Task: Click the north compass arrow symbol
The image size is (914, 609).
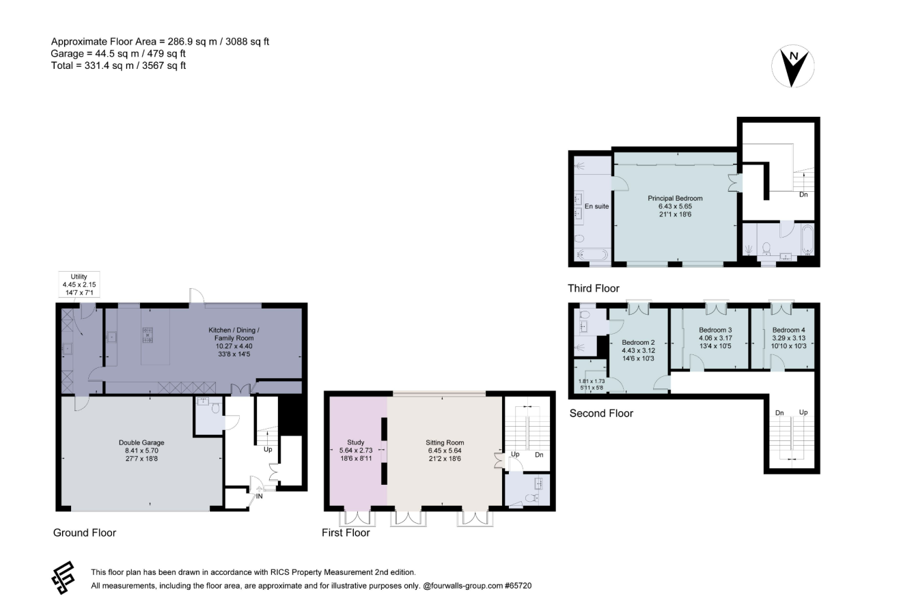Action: [x=792, y=66]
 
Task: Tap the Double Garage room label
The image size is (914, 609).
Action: [x=141, y=451]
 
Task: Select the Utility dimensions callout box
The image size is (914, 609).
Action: [x=79, y=284]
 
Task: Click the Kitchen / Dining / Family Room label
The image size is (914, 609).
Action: [x=234, y=342]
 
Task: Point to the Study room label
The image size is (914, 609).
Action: [x=356, y=451]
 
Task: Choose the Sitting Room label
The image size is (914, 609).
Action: [x=445, y=451]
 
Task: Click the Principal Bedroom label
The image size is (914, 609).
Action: [x=676, y=206]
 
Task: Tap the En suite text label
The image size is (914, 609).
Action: [x=596, y=206]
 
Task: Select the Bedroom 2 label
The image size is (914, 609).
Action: [x=638, y=350]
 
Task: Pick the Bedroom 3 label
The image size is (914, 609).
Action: [x=715, y=338]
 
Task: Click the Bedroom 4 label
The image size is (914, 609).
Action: [x=789, y=338]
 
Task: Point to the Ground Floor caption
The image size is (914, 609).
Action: [x=85, y=533]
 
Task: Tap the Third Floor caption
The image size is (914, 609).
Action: [x=594, y=288]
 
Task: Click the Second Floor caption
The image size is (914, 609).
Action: [x=601, y=413]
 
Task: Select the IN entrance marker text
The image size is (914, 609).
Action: [x=260, y=496]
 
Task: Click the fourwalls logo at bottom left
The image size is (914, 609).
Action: [x=64, y=578]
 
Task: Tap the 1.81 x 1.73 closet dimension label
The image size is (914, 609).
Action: [x=592, y=384]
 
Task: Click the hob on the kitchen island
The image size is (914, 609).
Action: [x=148, y=335]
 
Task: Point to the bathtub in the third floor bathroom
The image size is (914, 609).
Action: [x=808, y=239]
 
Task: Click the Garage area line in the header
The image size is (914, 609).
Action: [x=118, y=53]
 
